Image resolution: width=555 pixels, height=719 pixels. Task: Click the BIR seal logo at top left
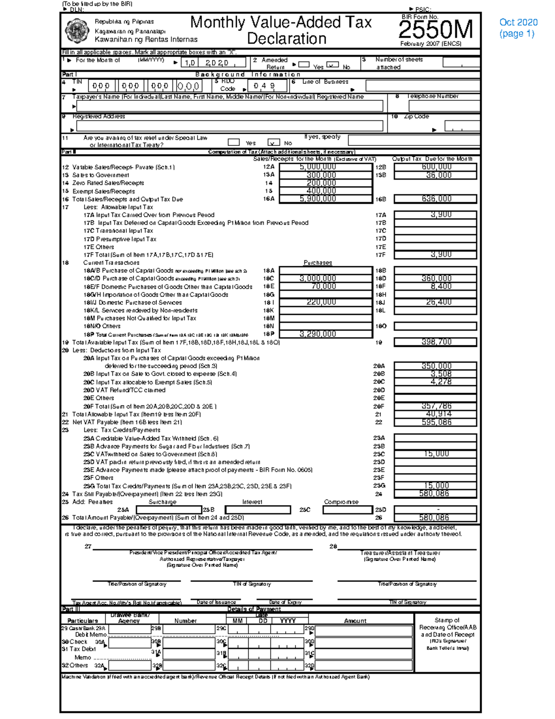point(76,31)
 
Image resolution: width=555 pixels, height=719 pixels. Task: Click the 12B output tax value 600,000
point(435,167)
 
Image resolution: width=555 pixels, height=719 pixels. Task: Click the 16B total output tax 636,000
point(435,199)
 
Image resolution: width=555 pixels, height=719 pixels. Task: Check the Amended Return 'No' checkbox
point(332,65)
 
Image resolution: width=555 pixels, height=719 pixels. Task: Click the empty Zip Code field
point(462,126)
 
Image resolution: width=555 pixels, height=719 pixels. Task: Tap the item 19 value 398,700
point(435,342)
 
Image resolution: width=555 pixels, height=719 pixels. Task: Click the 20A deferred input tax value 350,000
point(435,366)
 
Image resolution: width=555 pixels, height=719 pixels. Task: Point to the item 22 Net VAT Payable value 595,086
point(435,422)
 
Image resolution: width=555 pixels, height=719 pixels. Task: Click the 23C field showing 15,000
point(435,454)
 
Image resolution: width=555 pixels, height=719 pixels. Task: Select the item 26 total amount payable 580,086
point(435,518)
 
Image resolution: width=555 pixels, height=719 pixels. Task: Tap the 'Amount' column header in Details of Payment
point(355,621)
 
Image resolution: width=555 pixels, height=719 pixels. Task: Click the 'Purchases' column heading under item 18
point(317,263)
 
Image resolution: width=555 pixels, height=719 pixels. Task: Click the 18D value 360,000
point(435,278)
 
